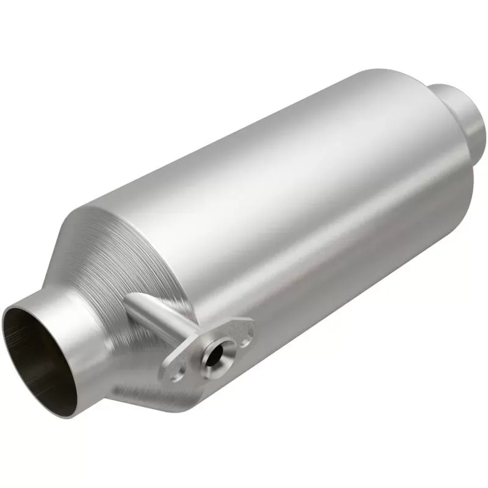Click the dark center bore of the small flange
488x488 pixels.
(213, 354)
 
